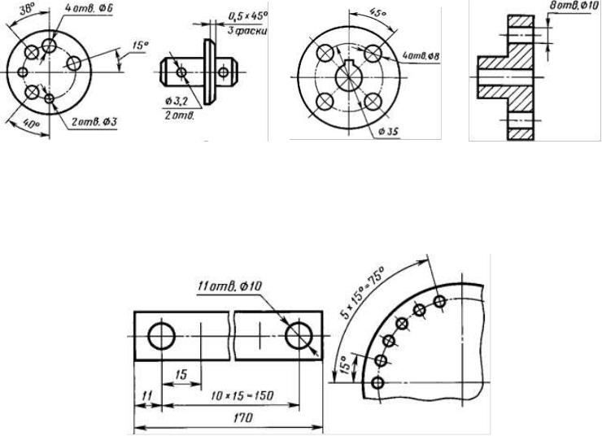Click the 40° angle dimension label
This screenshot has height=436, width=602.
(x=31, y=124)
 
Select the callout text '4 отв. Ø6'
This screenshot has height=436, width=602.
(x=89, y=8)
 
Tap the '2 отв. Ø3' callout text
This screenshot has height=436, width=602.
(x=94, y=122)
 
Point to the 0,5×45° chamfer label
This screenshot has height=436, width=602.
(x=247, y=16)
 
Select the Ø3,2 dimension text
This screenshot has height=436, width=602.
(x=177, y=102)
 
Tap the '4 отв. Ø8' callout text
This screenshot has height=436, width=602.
(x=421, y=56)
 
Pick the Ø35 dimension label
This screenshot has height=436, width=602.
(x=388, y=132)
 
